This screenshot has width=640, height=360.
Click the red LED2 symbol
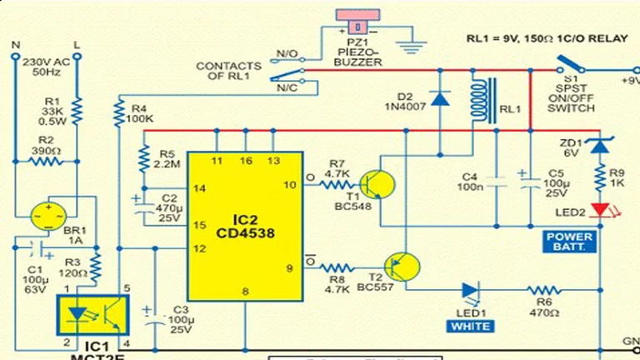coord(597,209)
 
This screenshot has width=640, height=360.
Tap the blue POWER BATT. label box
coord(570,242)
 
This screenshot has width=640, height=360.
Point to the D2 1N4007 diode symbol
coord(441,98)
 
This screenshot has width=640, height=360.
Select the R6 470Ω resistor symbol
coord(544,290)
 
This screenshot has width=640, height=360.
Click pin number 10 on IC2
coord(289,185)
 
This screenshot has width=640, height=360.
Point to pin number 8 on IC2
coord(246,291)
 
